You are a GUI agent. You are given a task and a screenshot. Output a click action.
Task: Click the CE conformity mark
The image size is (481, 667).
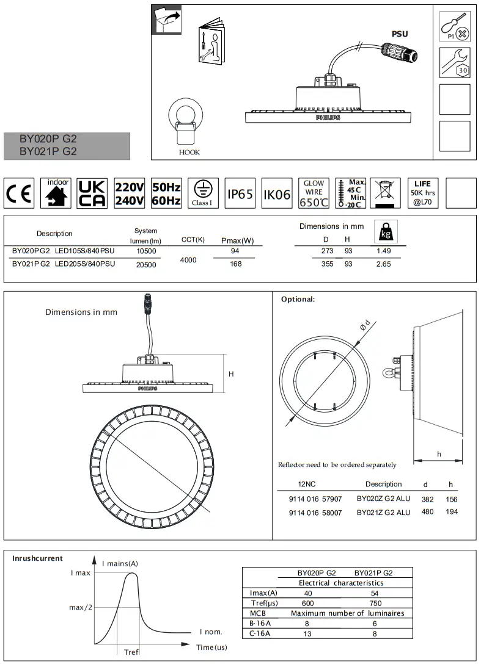tap(19, 193)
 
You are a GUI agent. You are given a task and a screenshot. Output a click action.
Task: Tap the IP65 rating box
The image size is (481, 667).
tap(240, 194)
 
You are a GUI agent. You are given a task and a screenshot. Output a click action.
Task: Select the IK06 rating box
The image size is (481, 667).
tap(277, 194)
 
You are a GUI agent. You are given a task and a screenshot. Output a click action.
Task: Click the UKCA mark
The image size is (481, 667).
tap(92, 193)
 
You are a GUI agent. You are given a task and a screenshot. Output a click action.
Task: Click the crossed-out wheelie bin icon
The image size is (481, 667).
tap(385, 193)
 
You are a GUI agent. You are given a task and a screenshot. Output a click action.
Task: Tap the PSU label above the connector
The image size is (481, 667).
tap(400, 35)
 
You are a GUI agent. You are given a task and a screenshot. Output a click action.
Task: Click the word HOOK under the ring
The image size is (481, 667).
tap(189, 153)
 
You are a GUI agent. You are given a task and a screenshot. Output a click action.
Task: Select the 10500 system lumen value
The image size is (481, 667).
tap(146, 251)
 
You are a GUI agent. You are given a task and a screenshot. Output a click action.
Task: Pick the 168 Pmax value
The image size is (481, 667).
tap(235, 264)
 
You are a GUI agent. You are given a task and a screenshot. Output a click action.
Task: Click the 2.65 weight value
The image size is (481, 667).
tap(384, 264)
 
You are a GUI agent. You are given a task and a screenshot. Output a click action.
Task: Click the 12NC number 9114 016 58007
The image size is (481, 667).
tap(315, 513)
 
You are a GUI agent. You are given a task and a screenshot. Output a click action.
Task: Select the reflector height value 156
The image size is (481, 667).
tap(451, 499)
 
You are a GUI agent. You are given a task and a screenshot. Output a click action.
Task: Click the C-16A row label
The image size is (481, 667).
tap(260, 634)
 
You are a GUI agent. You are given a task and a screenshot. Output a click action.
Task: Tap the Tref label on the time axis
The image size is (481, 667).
tap(131, 652)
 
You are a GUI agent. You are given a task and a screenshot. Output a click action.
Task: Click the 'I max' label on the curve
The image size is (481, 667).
tap(80, 573)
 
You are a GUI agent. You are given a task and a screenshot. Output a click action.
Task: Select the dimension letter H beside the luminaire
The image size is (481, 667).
tap(231, 374)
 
